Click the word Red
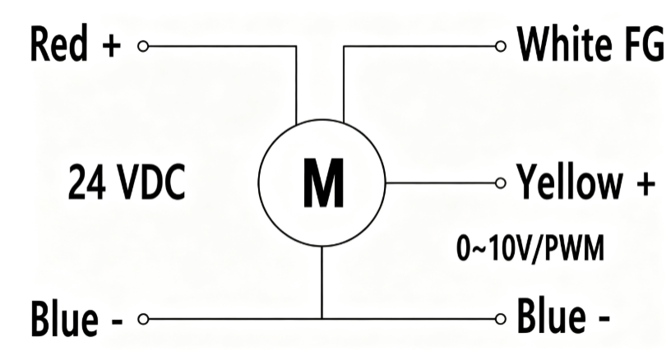click(59, 44)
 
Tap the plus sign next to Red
click(112, 45)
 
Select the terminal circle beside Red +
click(143, 46)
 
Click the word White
click(564, 44)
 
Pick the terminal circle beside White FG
click(500, 46)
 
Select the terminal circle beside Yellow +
click(500, 183)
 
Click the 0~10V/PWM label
click(530, 248)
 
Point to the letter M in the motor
click(323, 183)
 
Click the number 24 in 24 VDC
click(87, 182)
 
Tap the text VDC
click(150, 182)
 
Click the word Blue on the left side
click(64, 318)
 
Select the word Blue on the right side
click(551, 316)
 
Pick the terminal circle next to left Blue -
click(143, 319)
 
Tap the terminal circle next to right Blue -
click(500, 319)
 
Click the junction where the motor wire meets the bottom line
click(322, 319)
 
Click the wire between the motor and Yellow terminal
click(441, 183)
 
